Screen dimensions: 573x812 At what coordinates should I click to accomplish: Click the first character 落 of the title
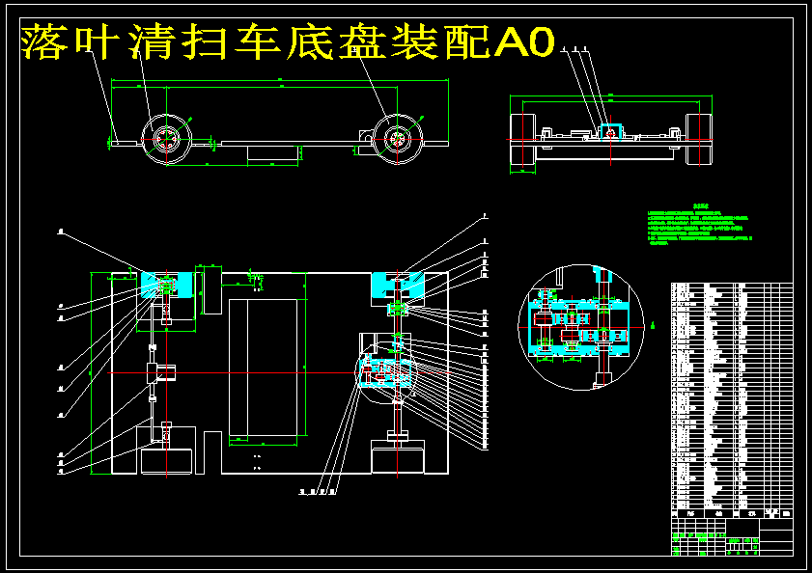tap(42, 42)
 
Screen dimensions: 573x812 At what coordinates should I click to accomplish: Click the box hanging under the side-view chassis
tap(275, 152)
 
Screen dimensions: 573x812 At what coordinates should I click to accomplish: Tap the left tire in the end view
tap(522, 140)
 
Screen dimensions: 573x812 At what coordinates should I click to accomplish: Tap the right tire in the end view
tap(698, 140)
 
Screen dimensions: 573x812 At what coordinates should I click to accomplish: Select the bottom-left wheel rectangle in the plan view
tap(168, 459)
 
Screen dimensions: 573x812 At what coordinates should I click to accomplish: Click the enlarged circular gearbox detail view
tap(581, 325)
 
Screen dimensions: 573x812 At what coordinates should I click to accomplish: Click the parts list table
tap(731, 396)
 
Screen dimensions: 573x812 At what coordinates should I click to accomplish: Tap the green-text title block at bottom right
tap(731, 539)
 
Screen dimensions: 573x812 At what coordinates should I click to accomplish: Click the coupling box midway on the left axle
tap(160, 372)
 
